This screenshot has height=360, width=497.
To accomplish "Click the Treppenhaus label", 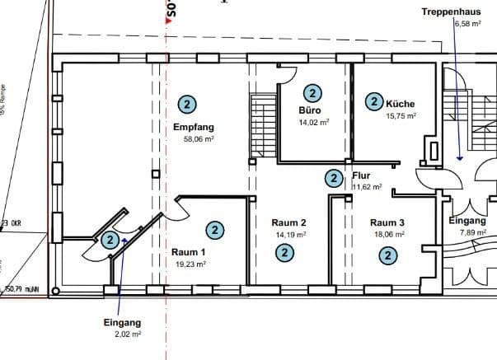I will point(451,12).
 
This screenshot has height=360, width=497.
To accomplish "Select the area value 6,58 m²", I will point(466,24).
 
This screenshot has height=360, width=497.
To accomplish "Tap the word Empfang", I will point(194,127).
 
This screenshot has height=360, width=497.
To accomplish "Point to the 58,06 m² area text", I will point(199,139).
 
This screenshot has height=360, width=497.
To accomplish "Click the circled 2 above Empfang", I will point(187,105).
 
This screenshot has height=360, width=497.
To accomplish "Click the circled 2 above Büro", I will point(313,93).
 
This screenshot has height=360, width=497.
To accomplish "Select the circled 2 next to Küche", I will point(374,101).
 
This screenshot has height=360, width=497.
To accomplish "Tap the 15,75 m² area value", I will point(401,116).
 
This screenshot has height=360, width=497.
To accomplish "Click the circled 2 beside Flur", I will point(333,178).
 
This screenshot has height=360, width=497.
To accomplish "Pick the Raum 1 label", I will point(188,252).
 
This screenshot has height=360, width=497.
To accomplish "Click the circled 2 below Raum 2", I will point(284,252).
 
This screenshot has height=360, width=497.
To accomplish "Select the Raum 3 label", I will point(387,222).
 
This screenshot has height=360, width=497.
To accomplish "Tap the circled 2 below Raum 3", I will point(387,255).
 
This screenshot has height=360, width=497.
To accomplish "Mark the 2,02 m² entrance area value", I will point(128,335).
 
